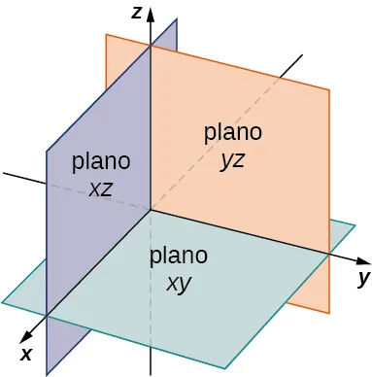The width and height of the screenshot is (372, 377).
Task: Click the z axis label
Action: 140,11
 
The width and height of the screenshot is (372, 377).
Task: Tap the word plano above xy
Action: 178,257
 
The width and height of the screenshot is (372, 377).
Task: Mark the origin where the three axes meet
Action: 150,209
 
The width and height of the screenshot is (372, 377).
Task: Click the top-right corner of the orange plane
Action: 330,90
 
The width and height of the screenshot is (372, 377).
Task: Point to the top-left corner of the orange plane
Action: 106,35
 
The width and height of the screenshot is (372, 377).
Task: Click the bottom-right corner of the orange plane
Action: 330,313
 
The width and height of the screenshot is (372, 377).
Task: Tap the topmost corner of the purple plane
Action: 177,18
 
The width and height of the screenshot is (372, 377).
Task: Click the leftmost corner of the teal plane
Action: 3,303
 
